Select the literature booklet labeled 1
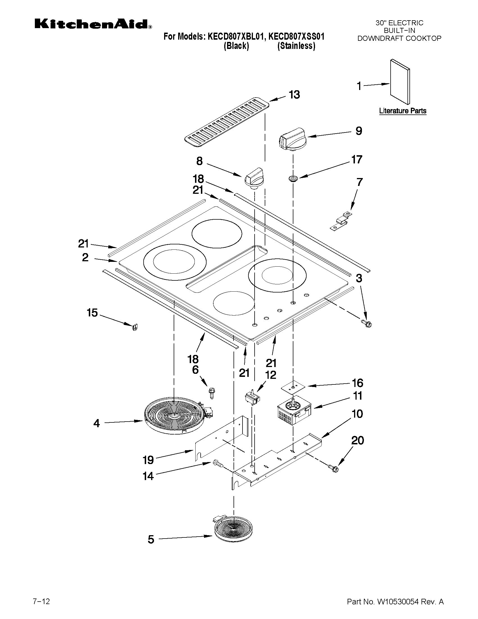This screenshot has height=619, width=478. [x=400, y=82]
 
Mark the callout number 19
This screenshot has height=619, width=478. [x=148, y=460]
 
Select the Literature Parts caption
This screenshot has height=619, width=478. [x=402, y=111]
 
